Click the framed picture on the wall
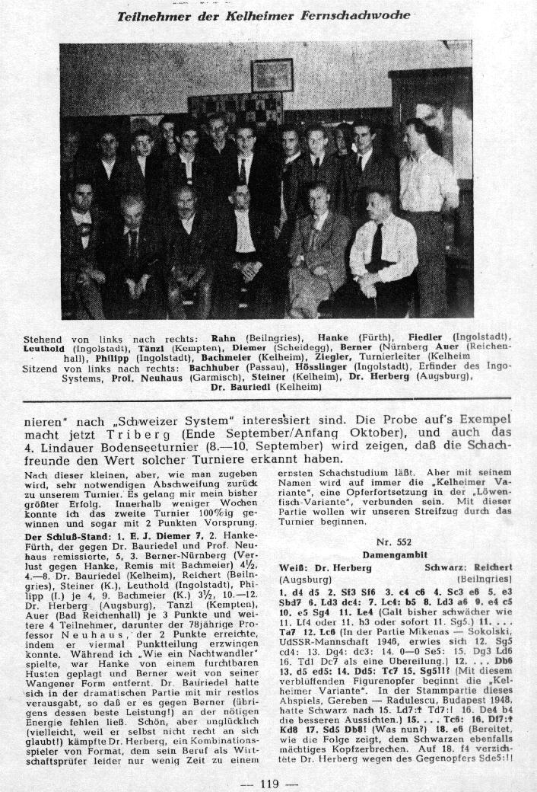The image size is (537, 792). tap(272, 75)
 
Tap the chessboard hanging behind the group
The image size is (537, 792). tap(236, 111)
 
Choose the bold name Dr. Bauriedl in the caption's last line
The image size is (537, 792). tap(244, 386)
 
